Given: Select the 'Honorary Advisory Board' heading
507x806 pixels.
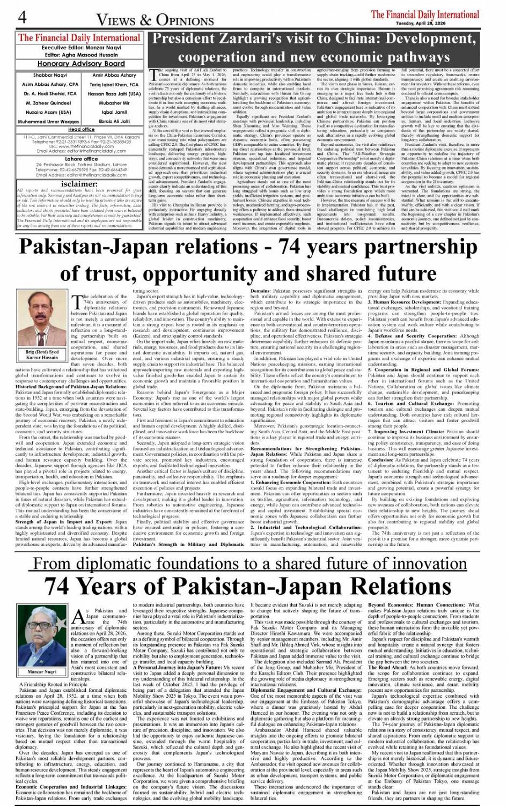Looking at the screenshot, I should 81,63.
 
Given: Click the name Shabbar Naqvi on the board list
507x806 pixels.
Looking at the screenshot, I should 50,76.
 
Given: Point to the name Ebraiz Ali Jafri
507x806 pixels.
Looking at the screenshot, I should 114,121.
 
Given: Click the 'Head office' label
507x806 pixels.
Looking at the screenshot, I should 81,129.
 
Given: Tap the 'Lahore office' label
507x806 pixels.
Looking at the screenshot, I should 81,159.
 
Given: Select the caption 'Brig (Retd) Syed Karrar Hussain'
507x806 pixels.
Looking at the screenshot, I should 42,354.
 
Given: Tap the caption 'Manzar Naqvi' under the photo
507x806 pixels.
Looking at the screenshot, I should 42,671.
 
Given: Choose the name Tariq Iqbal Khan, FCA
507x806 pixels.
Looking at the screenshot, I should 114,85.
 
